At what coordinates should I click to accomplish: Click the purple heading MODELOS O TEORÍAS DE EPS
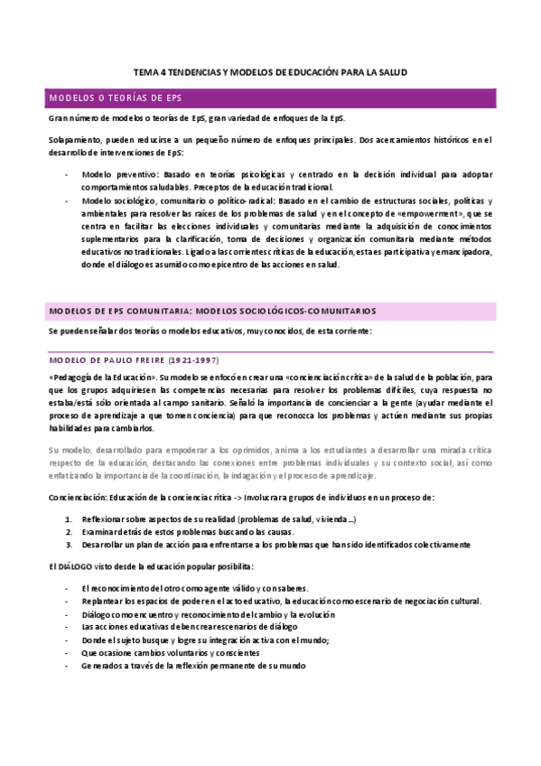[115, 98]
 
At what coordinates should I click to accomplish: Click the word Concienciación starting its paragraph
[79, 498]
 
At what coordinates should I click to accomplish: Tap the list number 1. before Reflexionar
[70, 518]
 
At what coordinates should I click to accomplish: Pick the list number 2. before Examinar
[70, 531]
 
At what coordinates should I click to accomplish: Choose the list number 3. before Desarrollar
[70, 544]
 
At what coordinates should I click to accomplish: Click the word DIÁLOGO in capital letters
[74, 566]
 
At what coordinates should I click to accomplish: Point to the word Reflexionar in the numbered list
[105, 518]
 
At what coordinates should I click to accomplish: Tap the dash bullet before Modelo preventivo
[67, 173]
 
